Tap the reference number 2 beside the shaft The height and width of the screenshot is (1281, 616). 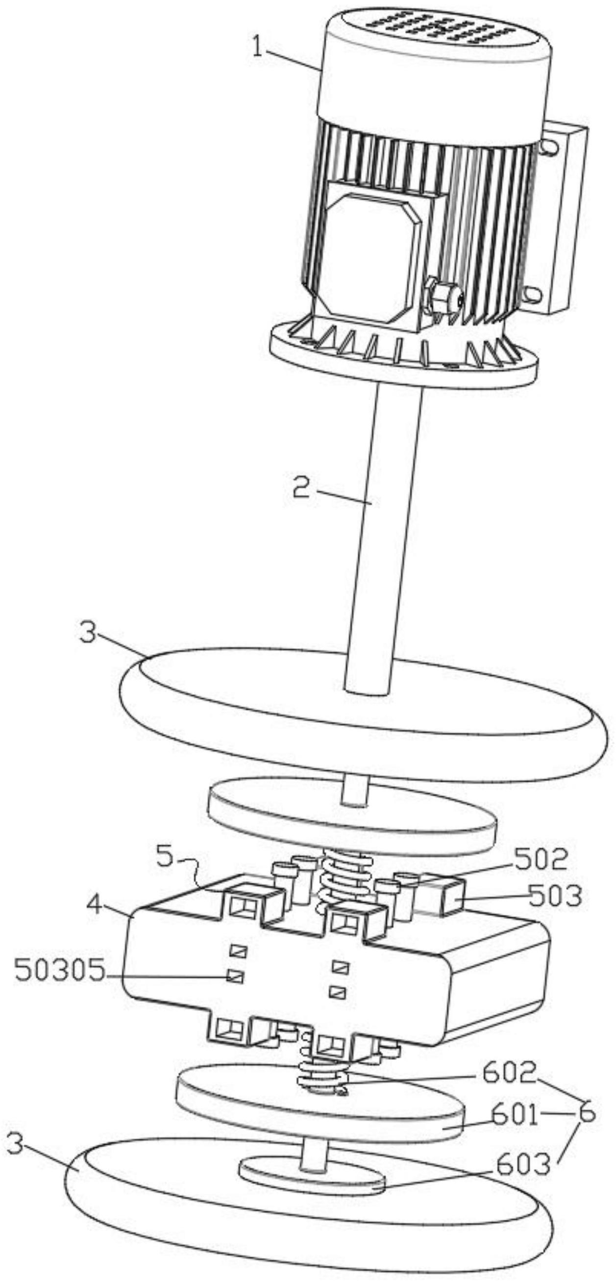coord(301,488)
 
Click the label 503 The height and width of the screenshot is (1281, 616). coord(554,896)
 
